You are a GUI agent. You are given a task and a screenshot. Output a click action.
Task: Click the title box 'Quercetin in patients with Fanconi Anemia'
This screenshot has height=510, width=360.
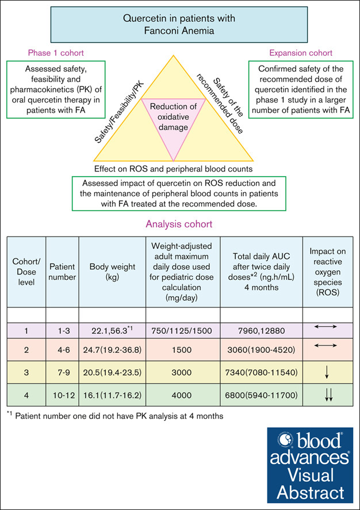point(179,25)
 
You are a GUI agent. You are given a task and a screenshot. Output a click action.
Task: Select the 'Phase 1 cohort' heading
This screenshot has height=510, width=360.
point(56,53)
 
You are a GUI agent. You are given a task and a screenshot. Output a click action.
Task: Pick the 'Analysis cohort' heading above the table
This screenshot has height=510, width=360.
point(179,224)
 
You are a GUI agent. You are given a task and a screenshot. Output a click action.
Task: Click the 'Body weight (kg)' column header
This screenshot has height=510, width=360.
point(112,272)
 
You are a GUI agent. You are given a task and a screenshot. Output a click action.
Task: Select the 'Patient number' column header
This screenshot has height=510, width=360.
point(62,272)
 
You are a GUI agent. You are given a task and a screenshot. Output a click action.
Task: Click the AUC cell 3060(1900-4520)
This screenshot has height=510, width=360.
point(262,351)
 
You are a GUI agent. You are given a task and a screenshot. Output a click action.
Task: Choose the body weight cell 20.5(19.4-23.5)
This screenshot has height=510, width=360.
point(112,372)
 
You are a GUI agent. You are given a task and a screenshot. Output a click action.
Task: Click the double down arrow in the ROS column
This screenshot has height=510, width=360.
point(328,395)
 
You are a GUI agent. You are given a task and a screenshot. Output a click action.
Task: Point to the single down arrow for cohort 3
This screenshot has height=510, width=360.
point(328,372)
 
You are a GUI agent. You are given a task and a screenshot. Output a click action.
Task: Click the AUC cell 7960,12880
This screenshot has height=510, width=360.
point(262,332)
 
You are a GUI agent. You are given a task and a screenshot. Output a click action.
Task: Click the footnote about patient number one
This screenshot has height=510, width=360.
point(115,416)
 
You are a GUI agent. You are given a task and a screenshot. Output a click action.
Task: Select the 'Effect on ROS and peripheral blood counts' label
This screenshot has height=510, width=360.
point(173,169)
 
